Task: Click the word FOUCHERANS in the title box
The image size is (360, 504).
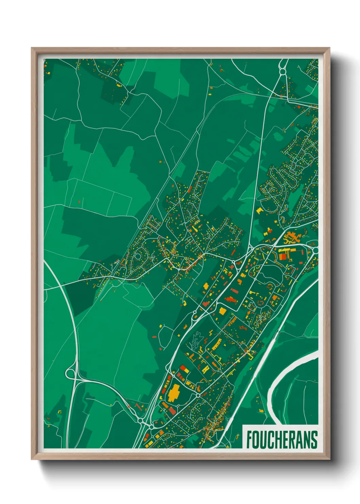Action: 282,440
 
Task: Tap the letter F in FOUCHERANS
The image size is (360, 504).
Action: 249,440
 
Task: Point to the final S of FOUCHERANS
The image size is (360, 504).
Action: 314,440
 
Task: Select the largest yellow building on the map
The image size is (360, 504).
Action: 174,393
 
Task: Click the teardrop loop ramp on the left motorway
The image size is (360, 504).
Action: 71,374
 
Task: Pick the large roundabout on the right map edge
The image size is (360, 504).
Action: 315,250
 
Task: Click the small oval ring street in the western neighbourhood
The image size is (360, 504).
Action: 138,256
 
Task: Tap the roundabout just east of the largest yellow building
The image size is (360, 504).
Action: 198,395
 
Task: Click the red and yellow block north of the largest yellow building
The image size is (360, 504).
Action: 183,369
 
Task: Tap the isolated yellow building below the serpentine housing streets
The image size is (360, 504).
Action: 260,210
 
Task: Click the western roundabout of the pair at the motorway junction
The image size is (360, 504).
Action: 140,421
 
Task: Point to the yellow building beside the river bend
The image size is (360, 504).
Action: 261,411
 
